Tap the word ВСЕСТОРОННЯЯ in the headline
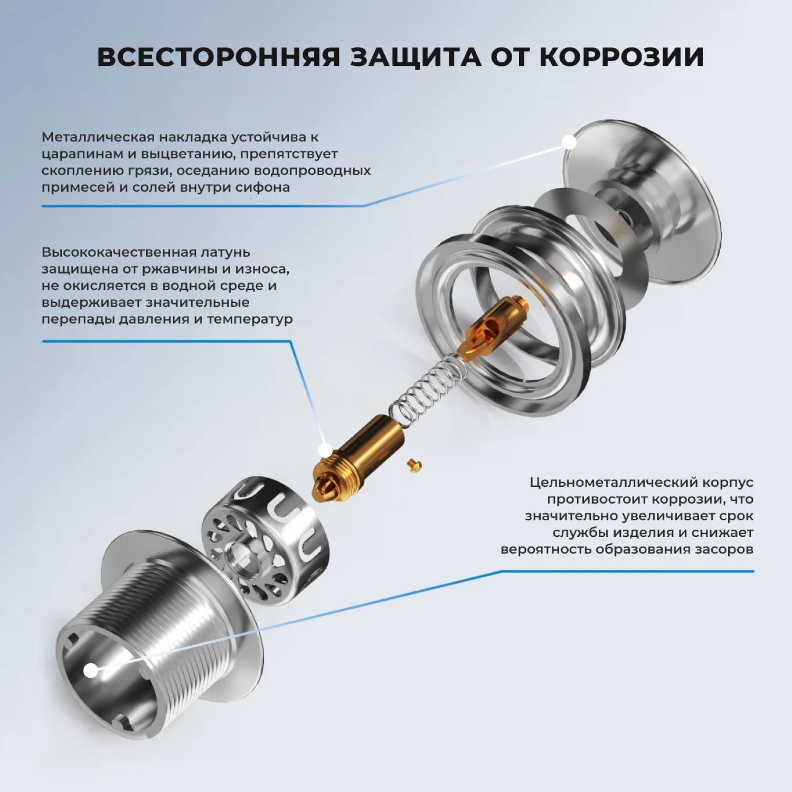(218, 57)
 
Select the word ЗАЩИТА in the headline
(416, 57)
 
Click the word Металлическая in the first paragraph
(98, 137)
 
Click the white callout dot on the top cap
(569, 142)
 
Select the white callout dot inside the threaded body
(91, 671)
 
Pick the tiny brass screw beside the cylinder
(414, 465)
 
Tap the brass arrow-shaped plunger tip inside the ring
(488, 327)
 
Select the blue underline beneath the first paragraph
(201, 206)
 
